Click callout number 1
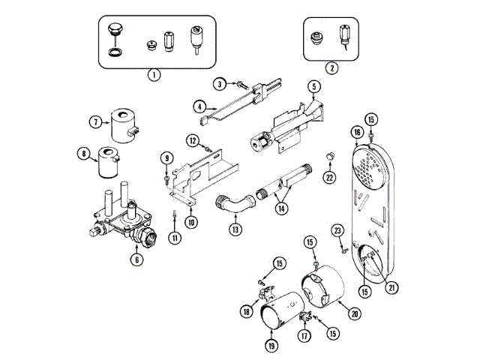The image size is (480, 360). point(153,74)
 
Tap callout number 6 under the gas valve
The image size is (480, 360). point(136,259)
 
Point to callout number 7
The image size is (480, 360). point(95,121)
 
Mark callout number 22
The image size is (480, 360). point(328,177)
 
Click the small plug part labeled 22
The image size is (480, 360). point(328,155)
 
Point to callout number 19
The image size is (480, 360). point(271,345)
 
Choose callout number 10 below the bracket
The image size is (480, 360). point(192,221)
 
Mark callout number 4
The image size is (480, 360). point(201,106)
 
